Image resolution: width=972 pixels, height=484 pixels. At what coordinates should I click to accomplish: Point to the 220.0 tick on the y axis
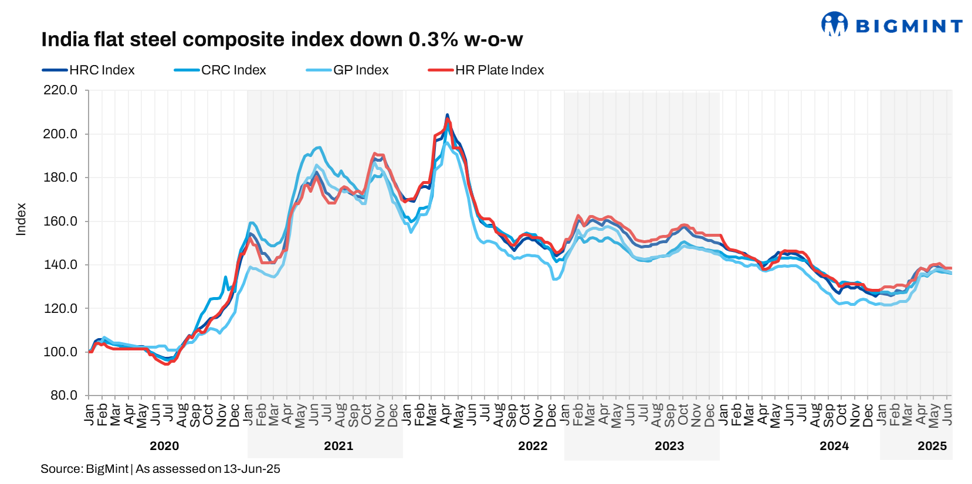(x=60, y=90)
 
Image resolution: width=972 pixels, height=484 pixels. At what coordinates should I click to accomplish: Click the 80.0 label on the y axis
(x=63, y=396)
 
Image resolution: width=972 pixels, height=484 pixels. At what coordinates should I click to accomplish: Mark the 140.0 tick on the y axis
(x=60, y=265)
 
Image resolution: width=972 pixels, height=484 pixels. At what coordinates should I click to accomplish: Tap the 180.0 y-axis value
(x=60, y=178)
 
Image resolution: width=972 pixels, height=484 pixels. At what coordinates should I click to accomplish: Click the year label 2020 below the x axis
(x=164, y=446)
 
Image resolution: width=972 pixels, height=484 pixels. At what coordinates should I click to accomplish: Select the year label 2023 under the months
(x=669, y=446)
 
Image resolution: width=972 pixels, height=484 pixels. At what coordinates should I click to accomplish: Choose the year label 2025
(x=932, y=446)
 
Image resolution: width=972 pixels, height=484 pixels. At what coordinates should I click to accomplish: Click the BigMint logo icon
(x=834, y=24)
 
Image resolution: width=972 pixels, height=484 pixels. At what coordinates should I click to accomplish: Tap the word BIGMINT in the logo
(x=909, y=26)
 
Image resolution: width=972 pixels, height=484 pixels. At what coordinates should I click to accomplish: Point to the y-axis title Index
(x=21, y=220)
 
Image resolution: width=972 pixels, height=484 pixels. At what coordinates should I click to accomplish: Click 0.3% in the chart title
(x=433, y=40)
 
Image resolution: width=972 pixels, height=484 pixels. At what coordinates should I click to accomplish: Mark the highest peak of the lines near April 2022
(x=447, y=115)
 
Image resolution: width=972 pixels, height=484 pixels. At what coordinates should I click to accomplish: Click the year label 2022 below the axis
(x=533, y=446)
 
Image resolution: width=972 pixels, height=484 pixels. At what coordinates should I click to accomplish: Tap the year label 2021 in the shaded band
(x=338, y=446)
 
